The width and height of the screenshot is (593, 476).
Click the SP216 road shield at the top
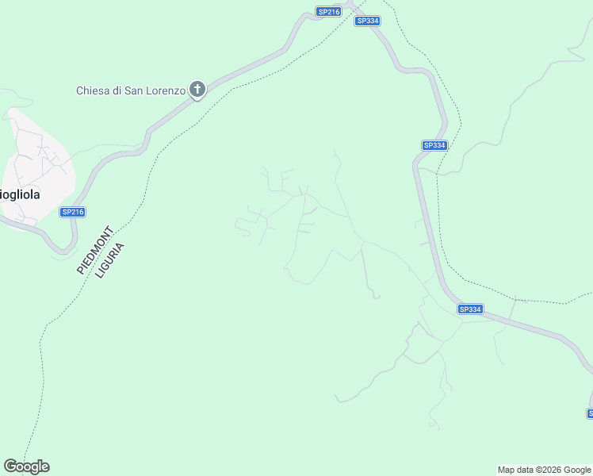tap(328, 12)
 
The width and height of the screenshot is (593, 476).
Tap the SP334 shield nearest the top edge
tap(367, 21)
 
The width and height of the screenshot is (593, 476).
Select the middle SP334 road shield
tap(434, 145)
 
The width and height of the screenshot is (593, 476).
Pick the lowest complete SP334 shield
tap(470, 309)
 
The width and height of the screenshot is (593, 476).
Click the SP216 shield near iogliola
tap(72, 212)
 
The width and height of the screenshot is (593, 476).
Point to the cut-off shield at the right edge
tap(590, 413)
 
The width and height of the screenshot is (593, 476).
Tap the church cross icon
tap(197, 90)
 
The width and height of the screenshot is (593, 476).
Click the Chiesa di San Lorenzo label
tap(131, 90)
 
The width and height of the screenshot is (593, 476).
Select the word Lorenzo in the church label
tap(164, 90)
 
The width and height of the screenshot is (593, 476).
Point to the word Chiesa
tap(93, 90)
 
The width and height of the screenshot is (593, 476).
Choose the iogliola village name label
tap(21, 194)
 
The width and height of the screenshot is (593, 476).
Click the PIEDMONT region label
tap(95, 249)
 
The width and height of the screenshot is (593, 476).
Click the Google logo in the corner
tap(26, 466)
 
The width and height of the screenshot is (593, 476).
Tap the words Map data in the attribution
tap(515, 470)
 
